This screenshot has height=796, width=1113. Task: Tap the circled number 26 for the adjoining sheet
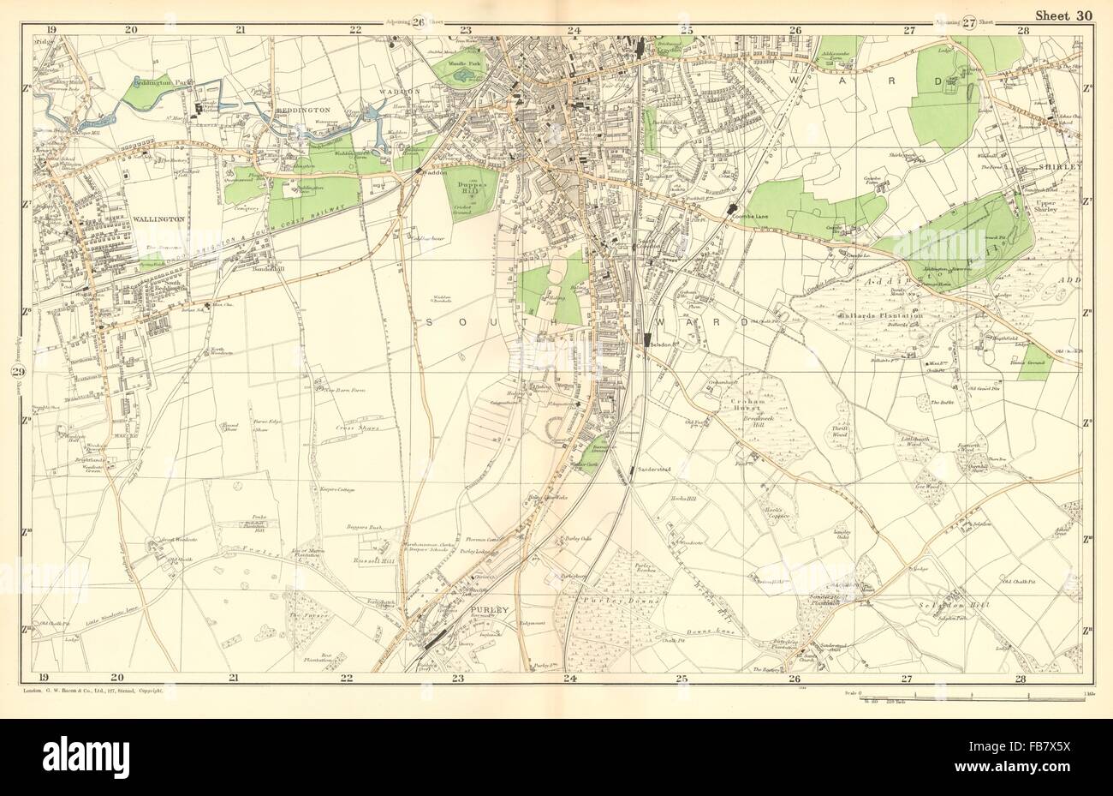coord(419,22)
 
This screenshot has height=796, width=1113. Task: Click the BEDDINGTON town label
coord(295,111)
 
